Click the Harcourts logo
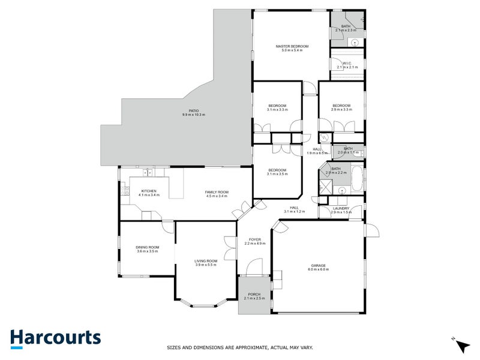coord(55,338)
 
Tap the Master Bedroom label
coord(292,46)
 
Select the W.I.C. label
coord(347,64)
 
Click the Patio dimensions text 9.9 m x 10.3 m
coord(193,115)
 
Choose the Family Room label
coord(217,191)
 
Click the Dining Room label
coord(146,247)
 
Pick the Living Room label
coord(206,261)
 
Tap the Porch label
coord(254,295)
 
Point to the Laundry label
coord(341,208)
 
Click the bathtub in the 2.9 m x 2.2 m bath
coord(356,178)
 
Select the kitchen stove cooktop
coord(125,191)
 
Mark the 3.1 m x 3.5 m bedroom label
coord(277,170)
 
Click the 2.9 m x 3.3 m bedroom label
coord(341,106)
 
